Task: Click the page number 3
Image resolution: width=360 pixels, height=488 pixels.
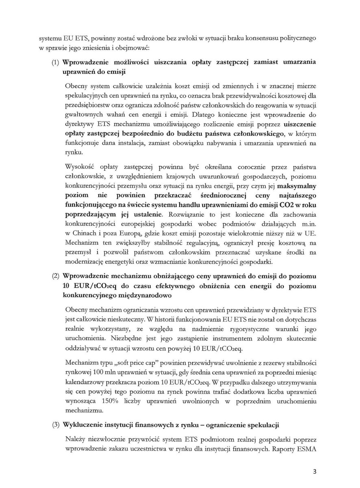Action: (314, 472)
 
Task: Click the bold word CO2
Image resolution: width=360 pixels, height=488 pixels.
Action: (276, 204)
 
